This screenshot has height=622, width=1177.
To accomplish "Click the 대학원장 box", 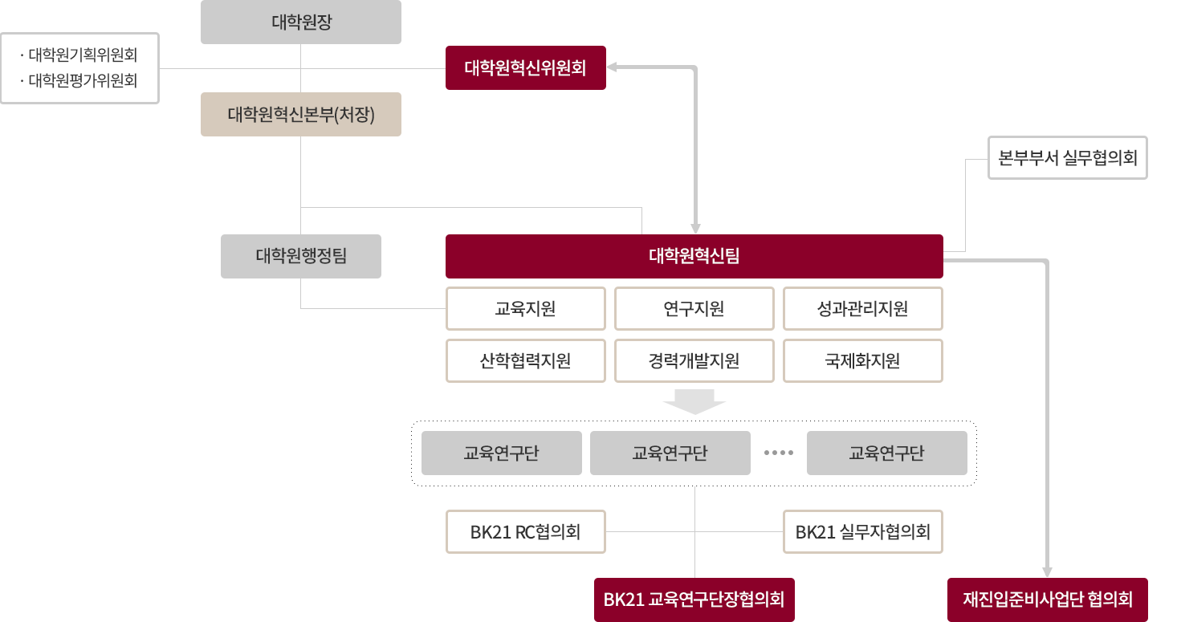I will point(301,22).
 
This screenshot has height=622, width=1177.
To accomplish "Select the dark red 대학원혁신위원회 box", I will point(525,67).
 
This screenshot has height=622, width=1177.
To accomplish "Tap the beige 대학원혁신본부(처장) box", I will point(301,114).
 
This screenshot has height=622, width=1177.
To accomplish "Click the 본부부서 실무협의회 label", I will point(1068,157).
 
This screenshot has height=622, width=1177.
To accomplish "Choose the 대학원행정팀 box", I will point(301,256).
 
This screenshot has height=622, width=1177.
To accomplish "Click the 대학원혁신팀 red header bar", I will point(694,256).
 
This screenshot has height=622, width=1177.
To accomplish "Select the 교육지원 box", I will point(525,308).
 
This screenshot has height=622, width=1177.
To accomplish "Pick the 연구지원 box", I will point(694,308).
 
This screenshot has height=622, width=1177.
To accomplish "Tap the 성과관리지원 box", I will point(862,308).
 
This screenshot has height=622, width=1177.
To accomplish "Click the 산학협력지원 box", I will point(525,360).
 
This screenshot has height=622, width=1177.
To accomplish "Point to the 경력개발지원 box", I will point(694,360).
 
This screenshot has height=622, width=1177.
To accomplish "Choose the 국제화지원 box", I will point(862,360).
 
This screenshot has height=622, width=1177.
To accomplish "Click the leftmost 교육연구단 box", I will point(501,453).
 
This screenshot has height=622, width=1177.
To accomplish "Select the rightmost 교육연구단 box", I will point(886,453).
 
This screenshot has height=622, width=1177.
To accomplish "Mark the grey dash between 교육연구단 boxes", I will point(778,453).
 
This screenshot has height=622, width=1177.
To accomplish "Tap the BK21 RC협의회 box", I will point(525,531).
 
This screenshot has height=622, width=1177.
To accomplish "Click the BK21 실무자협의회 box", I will point(862,531).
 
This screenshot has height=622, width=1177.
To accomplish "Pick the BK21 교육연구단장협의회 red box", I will point(694,599).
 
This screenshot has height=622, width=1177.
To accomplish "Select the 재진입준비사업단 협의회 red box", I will point(1047,599).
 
